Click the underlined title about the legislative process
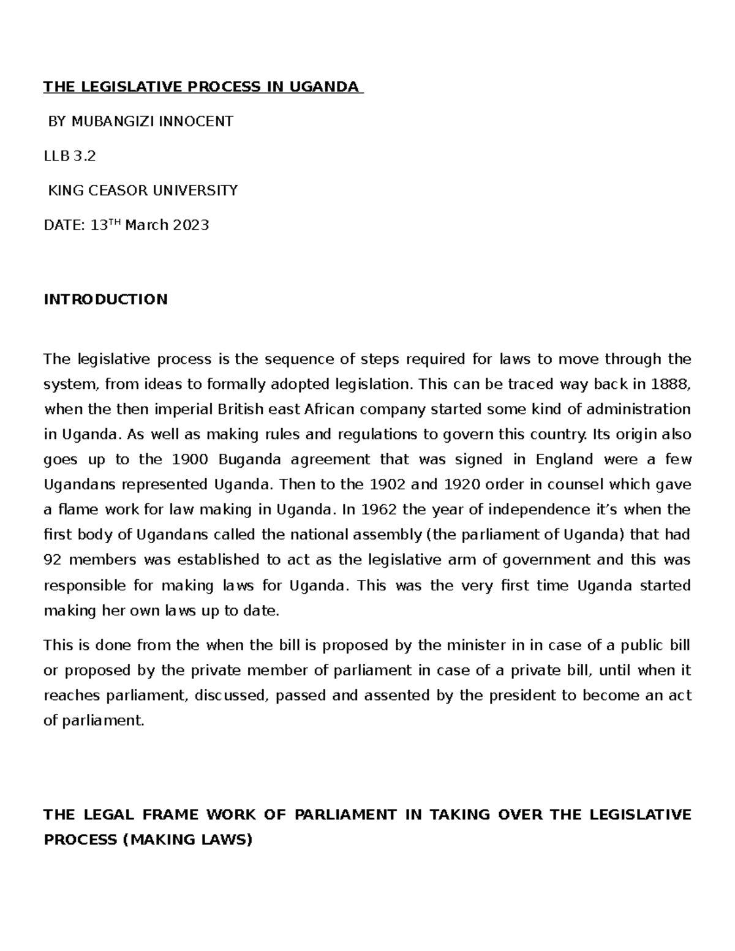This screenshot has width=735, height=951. click(202, 86)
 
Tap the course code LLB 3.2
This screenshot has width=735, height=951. click(70, 156)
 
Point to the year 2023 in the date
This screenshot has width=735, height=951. click(190, 225)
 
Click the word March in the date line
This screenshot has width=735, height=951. click(146, 225)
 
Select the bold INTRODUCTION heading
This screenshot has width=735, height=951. click(105, 299)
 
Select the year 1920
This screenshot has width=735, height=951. click(458, 484)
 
